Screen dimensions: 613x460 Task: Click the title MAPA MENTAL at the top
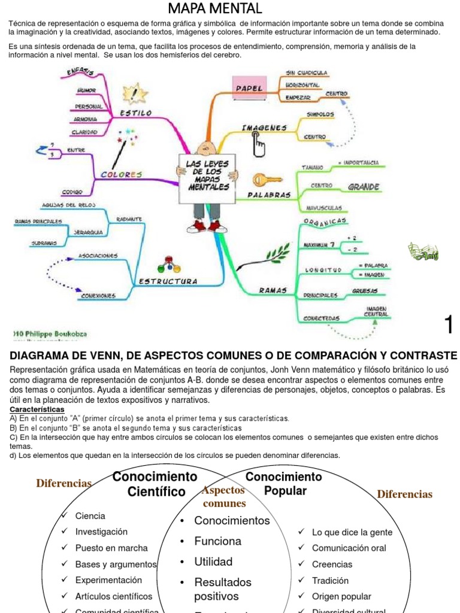click(x=214, y=8)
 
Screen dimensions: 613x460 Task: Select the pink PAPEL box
click(x=249, y=88)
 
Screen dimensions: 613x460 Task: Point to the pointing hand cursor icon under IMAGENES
click(x=259, y=144)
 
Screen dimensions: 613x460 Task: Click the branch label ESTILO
click(x=136, y=113)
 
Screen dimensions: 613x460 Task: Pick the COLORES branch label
click(x=122, y=175)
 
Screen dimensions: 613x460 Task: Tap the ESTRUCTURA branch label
click(x=168, y=281)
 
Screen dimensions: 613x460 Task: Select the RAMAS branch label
click(x=273, y=290)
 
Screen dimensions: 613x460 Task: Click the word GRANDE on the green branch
click(x=364, y=187)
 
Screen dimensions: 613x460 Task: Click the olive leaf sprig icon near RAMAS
click(x=277, y=254)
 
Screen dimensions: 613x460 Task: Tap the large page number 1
click(x=449, y=324)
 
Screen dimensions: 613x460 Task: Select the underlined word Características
click(x=37, y=409)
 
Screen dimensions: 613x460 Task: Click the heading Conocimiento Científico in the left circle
click(x=155, y=484)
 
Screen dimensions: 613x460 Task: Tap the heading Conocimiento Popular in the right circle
click(x=284, y=484)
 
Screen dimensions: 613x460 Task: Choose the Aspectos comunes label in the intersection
click(x=224, y=496)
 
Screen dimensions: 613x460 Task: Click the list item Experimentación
click(x=108, y=580)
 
